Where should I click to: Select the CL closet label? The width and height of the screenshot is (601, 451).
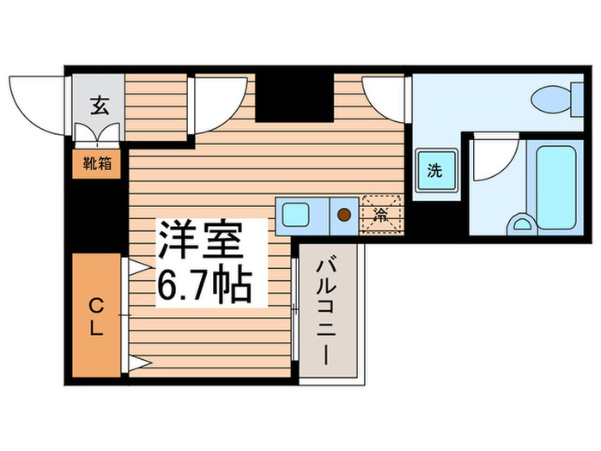(96, 315)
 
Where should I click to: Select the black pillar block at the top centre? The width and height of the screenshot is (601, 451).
(294, 97)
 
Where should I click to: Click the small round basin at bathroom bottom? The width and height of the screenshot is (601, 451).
(520, 225)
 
